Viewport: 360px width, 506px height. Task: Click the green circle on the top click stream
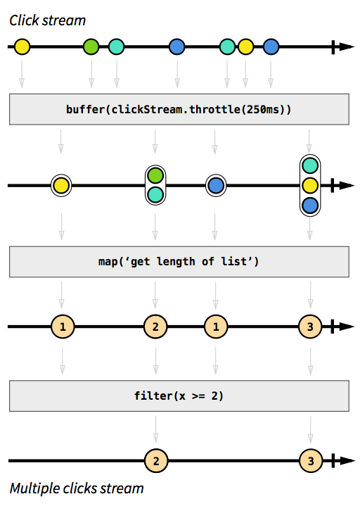click(91, 47)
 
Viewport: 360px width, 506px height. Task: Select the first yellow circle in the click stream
click(22, 47)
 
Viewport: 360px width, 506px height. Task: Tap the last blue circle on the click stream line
click(271, 47)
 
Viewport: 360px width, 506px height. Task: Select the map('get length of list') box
click(179, 263)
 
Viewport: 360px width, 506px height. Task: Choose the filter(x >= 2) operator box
click(179, 396)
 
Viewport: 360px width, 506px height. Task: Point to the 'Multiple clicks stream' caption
click(77, 488)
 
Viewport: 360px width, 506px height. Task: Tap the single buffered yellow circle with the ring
click(61, 186)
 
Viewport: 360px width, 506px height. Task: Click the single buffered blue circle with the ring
click(216, 186)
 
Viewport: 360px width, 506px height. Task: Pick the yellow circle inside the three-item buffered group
click(309, 186)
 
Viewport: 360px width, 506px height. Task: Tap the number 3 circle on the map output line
click(309, 327)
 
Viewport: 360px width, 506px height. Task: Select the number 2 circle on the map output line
click(155, 327)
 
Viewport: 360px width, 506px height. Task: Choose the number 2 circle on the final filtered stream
click(155, 461)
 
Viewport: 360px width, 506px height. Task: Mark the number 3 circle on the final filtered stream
click(309, 461)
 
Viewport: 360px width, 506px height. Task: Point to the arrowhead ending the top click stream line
click(345, 47)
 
